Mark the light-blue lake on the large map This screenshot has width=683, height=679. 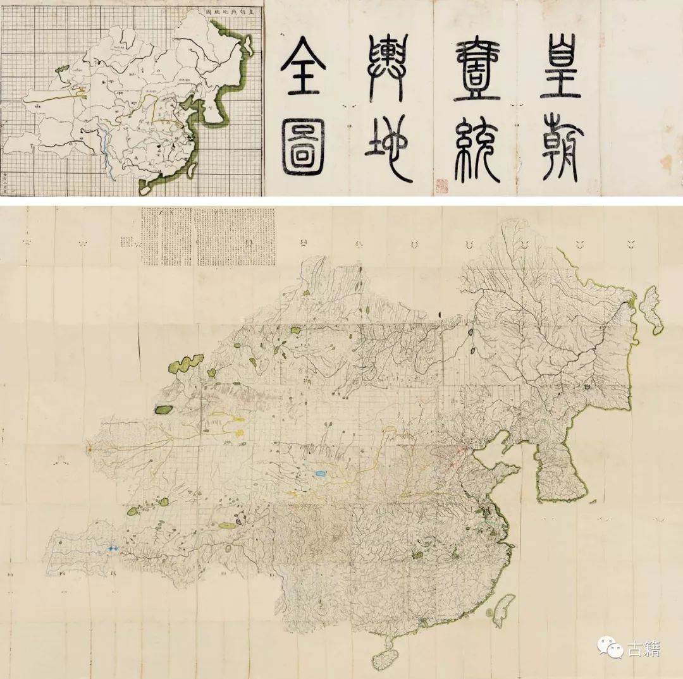click(320, 473)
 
